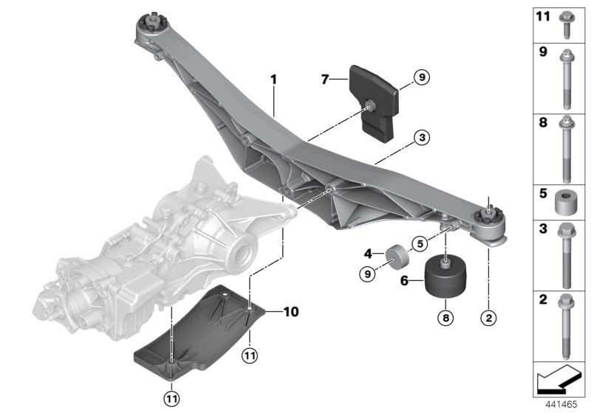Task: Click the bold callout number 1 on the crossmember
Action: coord(273,77)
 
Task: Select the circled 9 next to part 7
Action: coord(420,76)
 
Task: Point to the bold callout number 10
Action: coord(291,312)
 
